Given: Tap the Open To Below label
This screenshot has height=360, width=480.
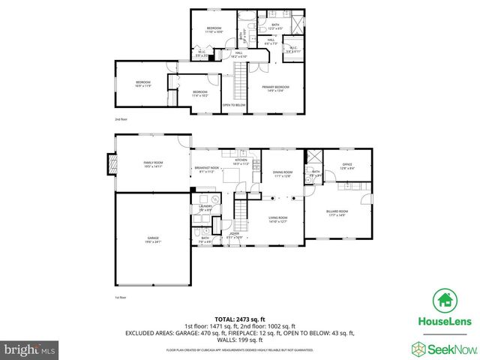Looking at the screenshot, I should pyautogui.click(x=233, y=104).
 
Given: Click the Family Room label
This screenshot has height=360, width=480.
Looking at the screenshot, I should pyautogui.click(x=153, y=164).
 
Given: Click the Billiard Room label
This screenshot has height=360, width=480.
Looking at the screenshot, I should pyautogui.click(x=336, y=213).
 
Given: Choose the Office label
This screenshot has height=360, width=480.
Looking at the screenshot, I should pyautogui.click(x=346, y=166).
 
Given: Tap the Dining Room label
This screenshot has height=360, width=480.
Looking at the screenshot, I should pyautogui.click(x=283, y=174).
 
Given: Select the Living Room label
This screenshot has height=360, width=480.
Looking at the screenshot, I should pyautogui.click(x=278, y=219).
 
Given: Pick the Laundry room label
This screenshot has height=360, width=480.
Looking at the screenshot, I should pyautogui.click(x=205, y=208).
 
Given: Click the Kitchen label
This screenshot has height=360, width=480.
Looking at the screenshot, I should pyautogui.click(x=241, y=161).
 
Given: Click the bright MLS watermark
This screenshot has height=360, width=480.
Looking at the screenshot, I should pyautogui.click(x=28, y=349).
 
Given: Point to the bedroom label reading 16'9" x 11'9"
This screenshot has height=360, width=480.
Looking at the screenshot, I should pyautogui.click(x=143, y=84).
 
